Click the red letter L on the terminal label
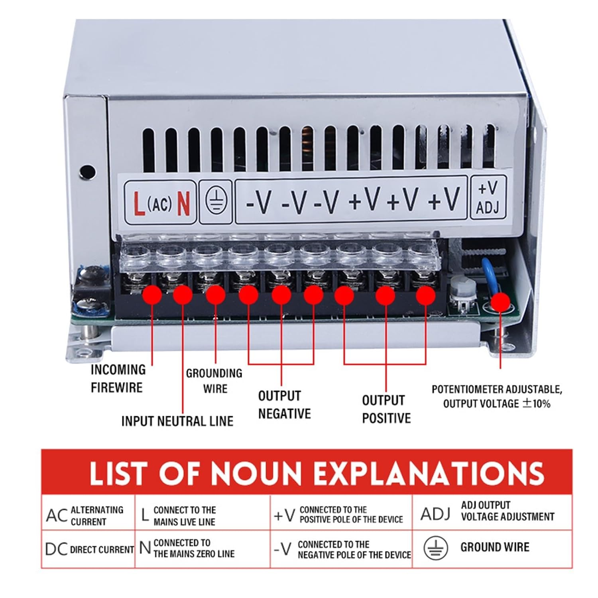(139, 203)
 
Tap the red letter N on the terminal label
(183, 203)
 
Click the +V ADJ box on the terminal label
(488, 198)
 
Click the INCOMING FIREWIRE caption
(118, 378)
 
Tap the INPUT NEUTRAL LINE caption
(177, 421)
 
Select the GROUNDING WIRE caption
(214, 381)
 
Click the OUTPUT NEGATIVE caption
(284, 405)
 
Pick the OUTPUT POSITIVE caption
(386, 409)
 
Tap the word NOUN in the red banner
(256, 473)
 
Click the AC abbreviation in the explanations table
(57, 515)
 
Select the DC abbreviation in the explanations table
(56, 549)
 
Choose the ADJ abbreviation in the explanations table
(435, 514)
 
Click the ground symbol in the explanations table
(435, 548)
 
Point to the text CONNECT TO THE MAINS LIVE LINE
(184, 516)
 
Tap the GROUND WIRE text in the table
(495, 547)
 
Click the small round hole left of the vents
(87, 171)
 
